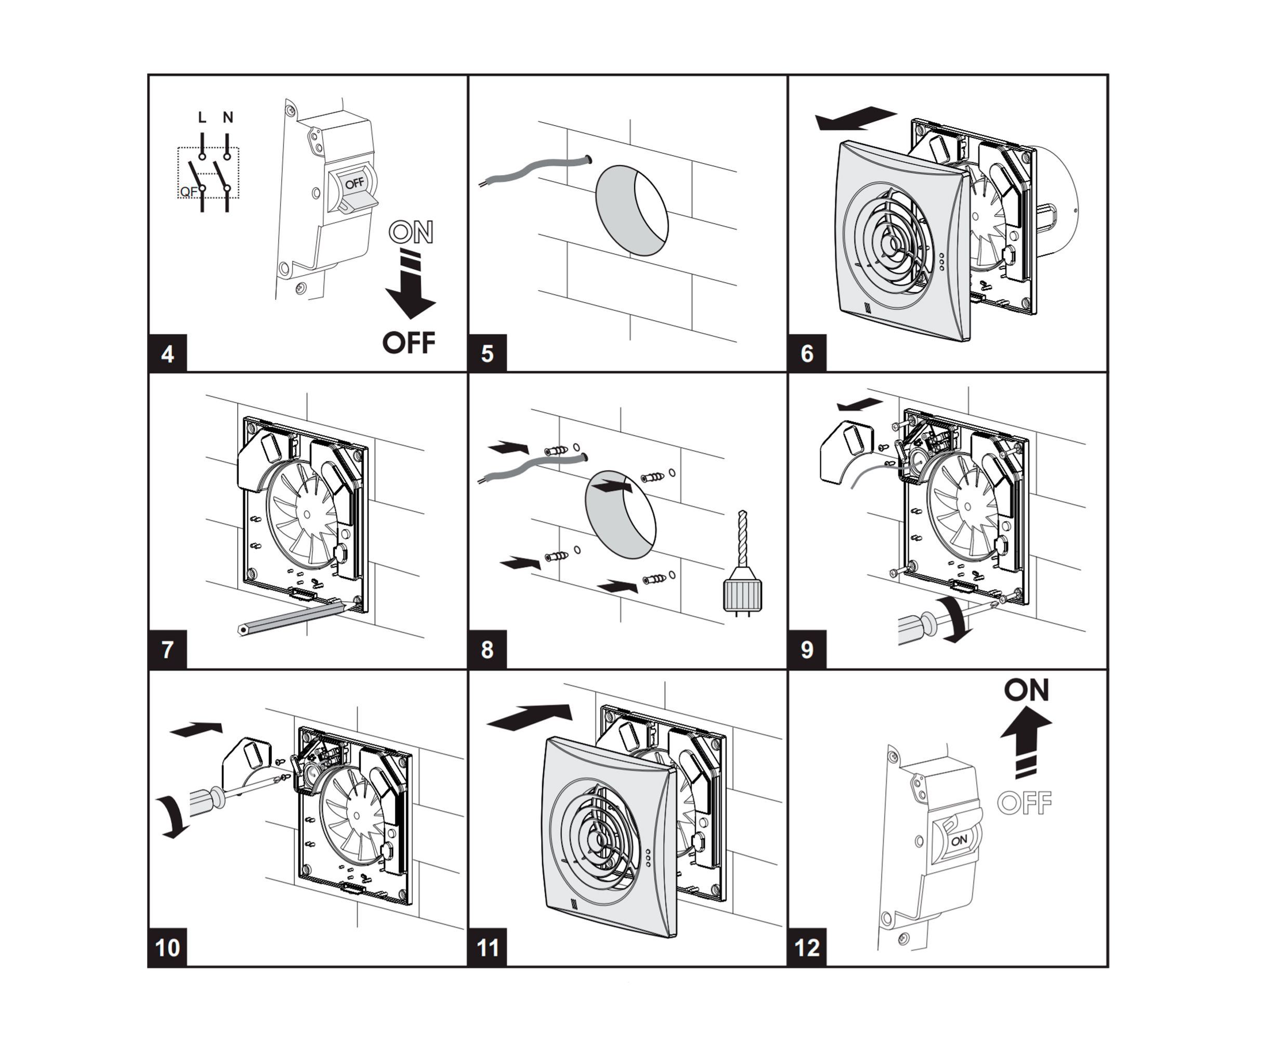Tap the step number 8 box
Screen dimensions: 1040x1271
click(x=488, y=649)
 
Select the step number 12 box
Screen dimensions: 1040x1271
click(x=807, y=947)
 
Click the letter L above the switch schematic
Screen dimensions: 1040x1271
click(x=202, y=118)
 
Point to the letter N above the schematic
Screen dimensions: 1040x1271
click(x=228, y=118)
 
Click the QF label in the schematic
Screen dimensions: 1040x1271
click(x=188, y=192)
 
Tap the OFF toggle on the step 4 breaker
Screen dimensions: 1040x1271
click(x=355, y=184)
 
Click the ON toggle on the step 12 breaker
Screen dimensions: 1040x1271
click(x=959, y=840)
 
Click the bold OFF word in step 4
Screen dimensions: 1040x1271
click(x=409, y=343)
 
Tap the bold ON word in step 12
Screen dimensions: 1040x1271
click(x=1027, y=690)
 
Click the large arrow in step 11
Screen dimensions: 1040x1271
click(x=530, y=717)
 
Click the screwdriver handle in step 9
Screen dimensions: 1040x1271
click(x=916, y=627)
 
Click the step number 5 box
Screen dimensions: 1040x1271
click(x=488, y=354)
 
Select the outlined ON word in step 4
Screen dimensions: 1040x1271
click(x=411, y=232)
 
